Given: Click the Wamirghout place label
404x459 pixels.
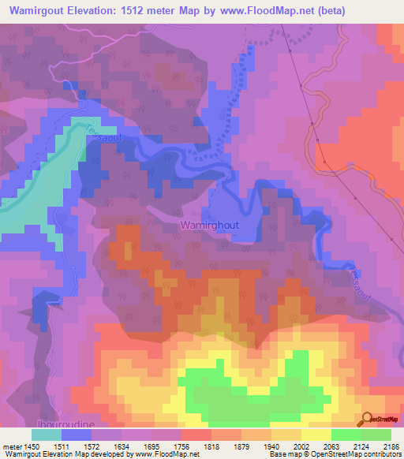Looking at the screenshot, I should tap(209, 225).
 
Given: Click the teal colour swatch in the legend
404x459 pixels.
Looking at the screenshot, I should tap(47, 434).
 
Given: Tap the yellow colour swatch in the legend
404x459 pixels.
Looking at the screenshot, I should tap(316, 434).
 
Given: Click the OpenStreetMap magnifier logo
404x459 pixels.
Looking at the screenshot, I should tap(368, 420).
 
